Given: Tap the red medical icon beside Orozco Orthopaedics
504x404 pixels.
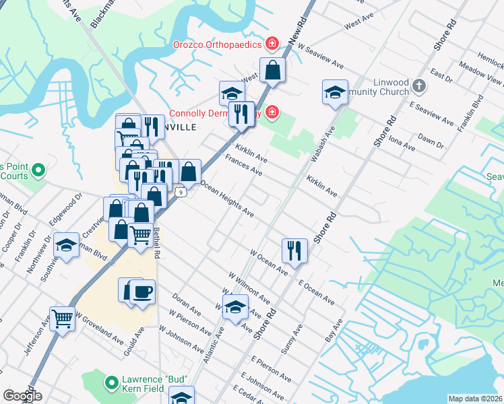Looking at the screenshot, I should click(272, 45).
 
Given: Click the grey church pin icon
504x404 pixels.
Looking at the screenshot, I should click(419, 86).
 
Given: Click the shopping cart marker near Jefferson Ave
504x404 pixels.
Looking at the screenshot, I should click(62, 318).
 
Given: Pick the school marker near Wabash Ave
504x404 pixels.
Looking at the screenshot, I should click(335, 92).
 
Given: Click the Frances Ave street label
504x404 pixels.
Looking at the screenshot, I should click(244, 165).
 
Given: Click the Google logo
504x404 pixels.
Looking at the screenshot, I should click(22, 396).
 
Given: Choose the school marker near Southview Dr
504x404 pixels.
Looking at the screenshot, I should click(67, 246).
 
